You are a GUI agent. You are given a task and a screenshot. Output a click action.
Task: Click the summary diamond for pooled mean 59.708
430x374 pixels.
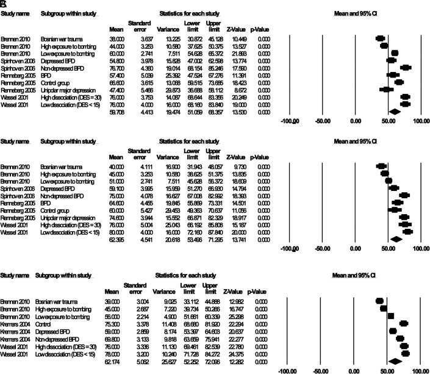(393, 112)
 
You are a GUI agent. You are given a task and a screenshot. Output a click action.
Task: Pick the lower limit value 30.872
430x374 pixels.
(184, 38)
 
